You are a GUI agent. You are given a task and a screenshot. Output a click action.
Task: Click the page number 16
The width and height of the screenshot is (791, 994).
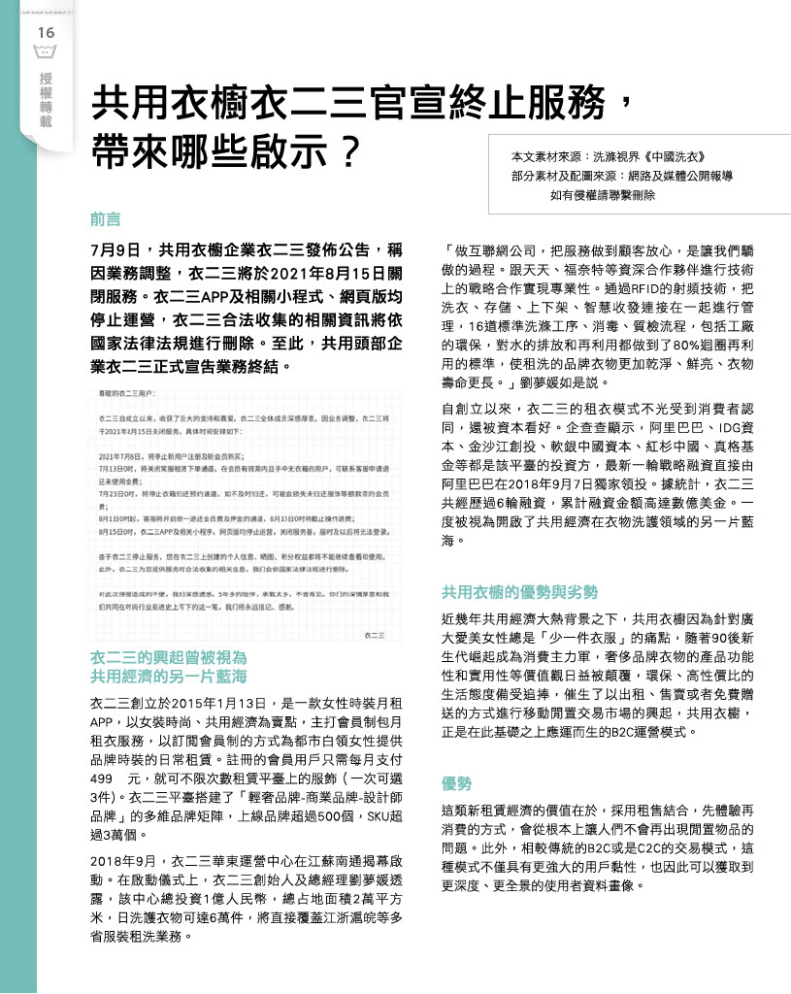coord(46,33)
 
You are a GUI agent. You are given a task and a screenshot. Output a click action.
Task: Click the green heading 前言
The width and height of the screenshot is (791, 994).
coord(106,219)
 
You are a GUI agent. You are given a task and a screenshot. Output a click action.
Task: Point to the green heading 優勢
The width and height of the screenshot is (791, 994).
coord(457,783)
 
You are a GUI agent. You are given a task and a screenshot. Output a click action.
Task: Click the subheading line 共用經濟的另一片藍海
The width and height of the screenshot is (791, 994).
coord(168,675)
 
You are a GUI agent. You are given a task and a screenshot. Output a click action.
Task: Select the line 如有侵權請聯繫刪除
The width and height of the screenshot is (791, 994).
coord(603,194)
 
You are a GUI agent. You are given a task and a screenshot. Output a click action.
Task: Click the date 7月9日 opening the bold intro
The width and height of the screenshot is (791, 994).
coord(116,249)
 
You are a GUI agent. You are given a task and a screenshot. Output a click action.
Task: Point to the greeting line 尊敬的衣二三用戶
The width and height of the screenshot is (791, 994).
coord(126,393)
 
